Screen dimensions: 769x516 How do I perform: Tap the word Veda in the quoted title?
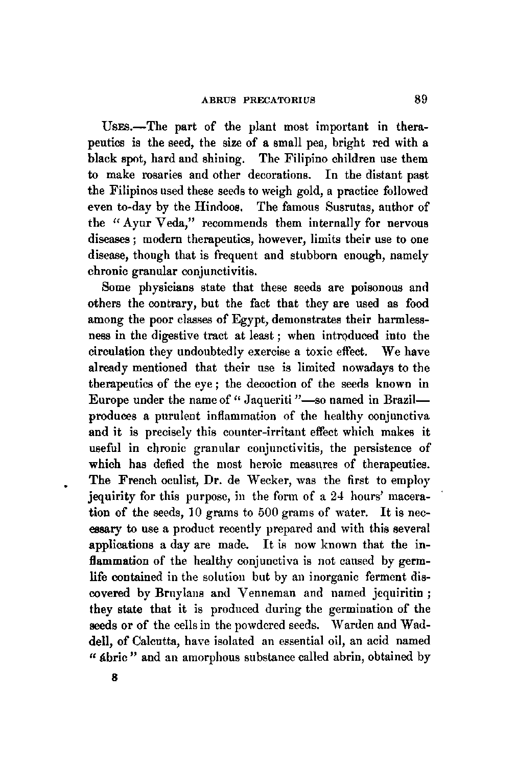pos(169,223)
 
